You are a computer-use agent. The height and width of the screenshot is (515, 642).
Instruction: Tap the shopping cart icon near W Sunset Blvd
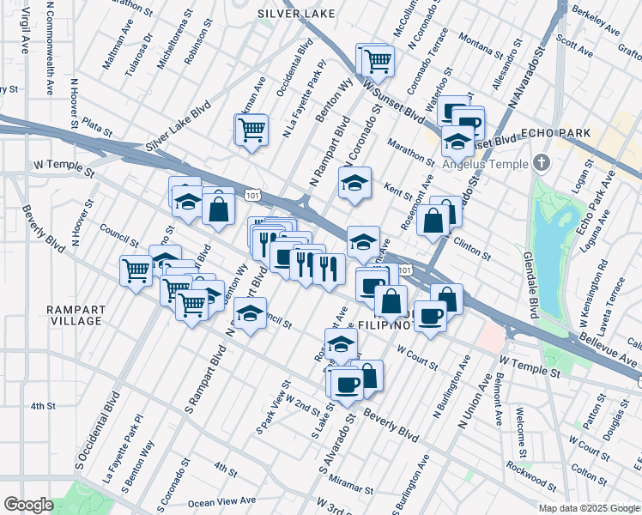tap(375, 60)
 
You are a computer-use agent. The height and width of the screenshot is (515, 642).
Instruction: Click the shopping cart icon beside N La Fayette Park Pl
tap(251, 130)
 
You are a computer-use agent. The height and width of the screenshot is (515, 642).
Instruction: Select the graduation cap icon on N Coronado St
tap(355, 182)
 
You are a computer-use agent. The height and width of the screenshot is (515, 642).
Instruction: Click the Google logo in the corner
tap(28, 505)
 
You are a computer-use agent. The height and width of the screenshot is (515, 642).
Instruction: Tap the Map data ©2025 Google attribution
tap(588, 508)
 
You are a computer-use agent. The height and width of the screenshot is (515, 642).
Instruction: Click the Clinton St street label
tap(472, 249)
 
